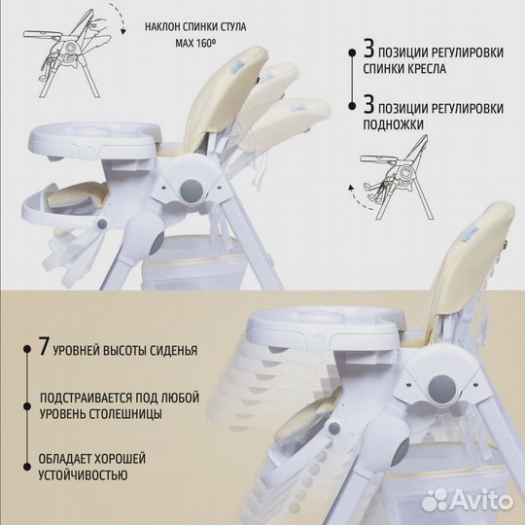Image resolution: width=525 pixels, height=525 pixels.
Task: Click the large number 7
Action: coord(45,346)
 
